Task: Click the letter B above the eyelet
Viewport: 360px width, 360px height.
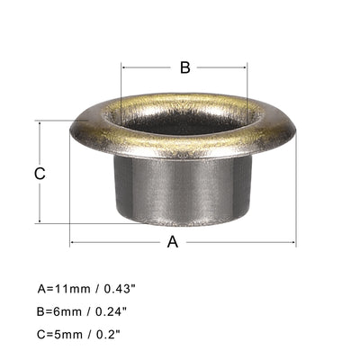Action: click(x=184, y=67)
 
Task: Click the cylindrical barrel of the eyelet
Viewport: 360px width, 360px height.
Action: click(x=184, y=189)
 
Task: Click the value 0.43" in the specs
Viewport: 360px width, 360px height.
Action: click(x=121, y=290)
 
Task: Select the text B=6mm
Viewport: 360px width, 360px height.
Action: click(x=60, y=311)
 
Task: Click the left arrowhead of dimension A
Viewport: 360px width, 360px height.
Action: click(x=73, y=242)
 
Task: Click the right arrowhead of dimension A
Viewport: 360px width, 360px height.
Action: click(x=293, y=242)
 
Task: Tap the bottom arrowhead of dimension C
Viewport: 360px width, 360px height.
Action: click(x=40, y=221)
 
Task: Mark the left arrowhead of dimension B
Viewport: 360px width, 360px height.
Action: click(x=123, y=67)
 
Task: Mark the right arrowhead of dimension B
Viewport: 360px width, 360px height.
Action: click(x=246, y=67)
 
